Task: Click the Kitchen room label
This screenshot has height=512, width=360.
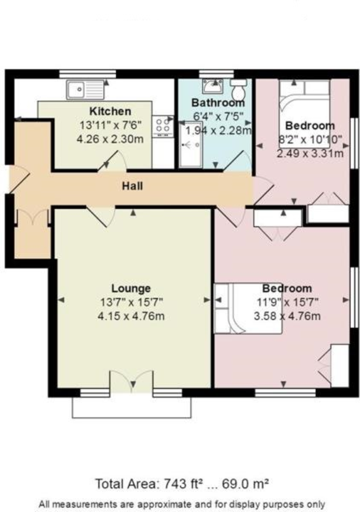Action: tap(110, 111)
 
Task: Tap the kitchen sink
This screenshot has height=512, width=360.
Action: tap(85, 90)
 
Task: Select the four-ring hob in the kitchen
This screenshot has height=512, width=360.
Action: tap(163, 127)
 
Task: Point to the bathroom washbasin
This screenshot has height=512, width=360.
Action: tap(212, 87)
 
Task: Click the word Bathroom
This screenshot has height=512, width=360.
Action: tap(218, 102)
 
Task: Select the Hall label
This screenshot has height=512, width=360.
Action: tap(132, 186)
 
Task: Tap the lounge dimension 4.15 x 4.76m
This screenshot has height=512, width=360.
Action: tap(131, 316)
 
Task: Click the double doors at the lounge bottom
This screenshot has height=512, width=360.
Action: tap(131, 381)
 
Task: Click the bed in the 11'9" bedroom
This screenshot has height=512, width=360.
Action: tap(248, 308)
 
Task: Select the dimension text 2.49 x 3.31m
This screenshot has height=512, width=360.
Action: tap(310, 153)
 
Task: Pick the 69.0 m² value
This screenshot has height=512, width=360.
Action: tap(247, 484)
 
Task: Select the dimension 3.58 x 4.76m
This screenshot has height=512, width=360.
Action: tap(287, 316)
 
